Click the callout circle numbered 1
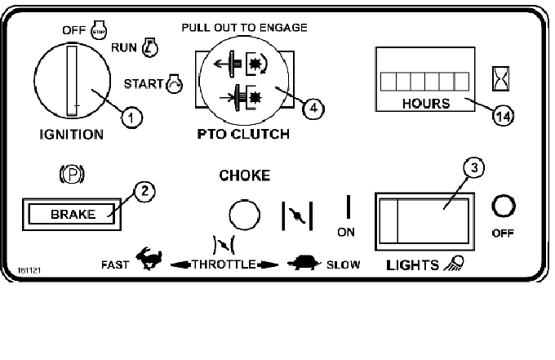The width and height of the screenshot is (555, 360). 131,118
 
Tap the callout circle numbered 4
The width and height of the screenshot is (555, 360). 309,106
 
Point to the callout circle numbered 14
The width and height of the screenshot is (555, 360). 504,117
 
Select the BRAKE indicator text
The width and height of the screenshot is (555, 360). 73,216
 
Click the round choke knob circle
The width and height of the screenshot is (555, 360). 243,216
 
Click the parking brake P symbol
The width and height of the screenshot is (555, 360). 73,173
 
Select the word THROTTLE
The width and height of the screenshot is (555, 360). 224,265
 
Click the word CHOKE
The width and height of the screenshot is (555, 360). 244,174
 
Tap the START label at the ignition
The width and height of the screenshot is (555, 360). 143,82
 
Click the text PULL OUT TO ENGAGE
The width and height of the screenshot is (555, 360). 244,28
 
